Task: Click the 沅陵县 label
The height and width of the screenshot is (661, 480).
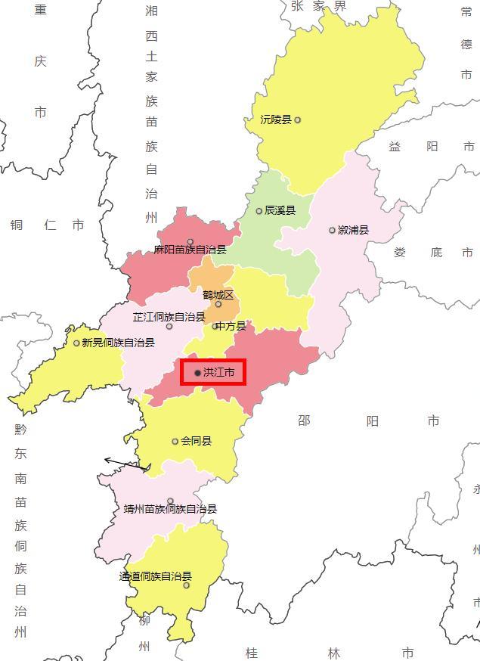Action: point(276,119)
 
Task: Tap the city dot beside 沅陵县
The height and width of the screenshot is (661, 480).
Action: point(298,119)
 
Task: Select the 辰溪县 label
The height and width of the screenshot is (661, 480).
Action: point(280,211)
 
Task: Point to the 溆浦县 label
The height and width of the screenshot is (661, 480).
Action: point(353,230)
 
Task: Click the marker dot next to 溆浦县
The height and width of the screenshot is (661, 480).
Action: point(332,230)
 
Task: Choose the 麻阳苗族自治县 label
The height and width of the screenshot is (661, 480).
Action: point(190,250)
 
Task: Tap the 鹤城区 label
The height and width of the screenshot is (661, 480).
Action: point(218,295)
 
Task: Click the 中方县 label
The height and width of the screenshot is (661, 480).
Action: point(231,326)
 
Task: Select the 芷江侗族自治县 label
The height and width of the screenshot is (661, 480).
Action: point(169,317)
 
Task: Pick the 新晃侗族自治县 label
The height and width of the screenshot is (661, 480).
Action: point(118,343)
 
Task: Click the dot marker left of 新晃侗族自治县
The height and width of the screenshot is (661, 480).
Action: point(76,343)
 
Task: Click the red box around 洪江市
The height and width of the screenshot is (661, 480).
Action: point(213,372)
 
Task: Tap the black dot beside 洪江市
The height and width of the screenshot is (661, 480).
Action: point(198,373)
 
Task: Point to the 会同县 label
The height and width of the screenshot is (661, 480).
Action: point(196,441)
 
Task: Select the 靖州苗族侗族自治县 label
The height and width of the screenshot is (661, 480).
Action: point(170,509)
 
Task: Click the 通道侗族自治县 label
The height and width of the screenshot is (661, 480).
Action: point(155,576)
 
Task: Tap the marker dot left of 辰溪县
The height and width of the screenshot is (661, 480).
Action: point(259,211)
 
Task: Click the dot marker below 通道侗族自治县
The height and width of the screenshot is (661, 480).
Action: point(187,585)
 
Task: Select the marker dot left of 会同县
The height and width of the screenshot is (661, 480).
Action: point(175,441)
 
